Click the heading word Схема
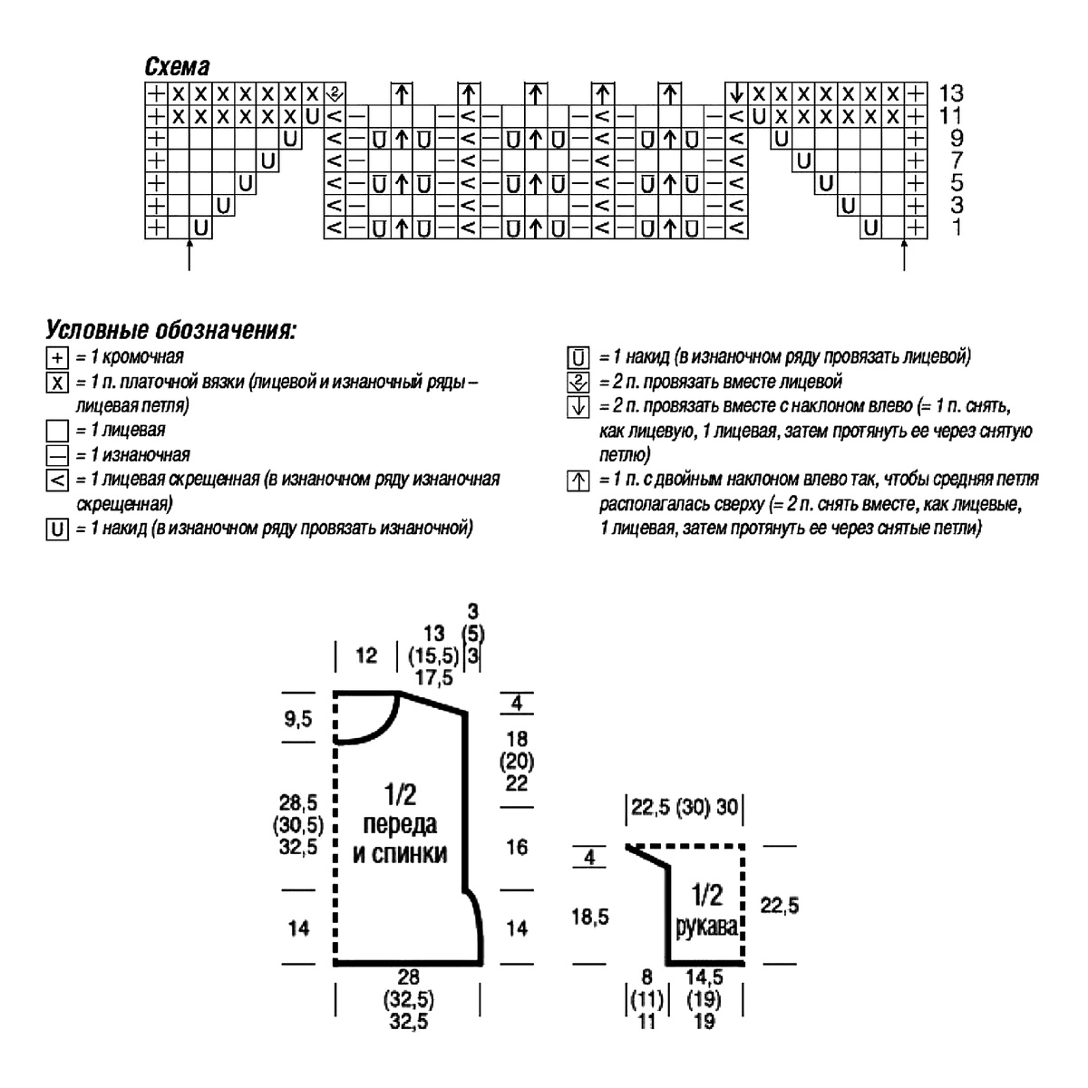coord(177,67)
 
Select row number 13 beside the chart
coord(951,92)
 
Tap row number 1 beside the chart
coord(956,227)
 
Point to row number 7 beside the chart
coord(957,160)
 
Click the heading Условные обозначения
coord(171,330)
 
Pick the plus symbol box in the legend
coord(57,358)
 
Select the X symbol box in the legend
coord(57,383)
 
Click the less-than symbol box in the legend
coord(57,481)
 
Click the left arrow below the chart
coord(189,255)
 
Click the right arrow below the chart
coord(903,255)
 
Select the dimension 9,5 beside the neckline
coord(297,719)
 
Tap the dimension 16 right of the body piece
coord(517,847)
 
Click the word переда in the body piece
coord(400,824)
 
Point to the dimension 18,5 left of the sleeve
coord(590,918)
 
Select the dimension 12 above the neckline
coord(366,655)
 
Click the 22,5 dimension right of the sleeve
coord(779,905)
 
